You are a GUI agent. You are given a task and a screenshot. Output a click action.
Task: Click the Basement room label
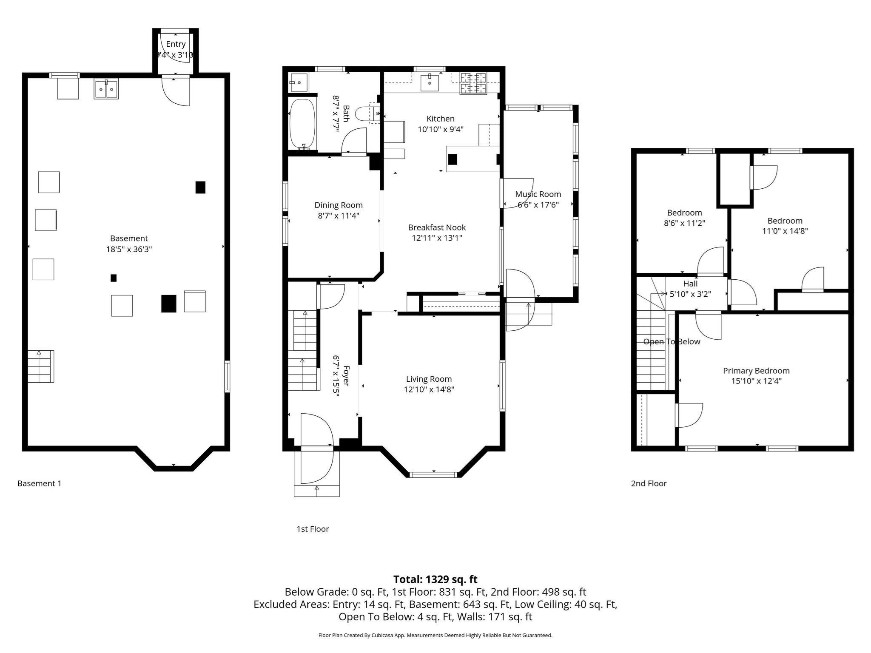[129, 238]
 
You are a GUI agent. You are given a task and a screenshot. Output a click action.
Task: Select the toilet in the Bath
[364, 114]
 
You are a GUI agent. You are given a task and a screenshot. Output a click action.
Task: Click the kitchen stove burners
[473, 83]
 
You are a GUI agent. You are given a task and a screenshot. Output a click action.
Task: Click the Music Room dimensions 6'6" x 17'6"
[538, 205]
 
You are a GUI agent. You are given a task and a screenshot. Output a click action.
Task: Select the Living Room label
[429, 379]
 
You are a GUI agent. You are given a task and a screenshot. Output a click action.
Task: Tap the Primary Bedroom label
[756, 371]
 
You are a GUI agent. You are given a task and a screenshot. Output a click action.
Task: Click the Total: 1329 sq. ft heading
[435, 579]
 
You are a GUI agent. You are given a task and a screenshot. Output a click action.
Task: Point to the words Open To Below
[672, 342]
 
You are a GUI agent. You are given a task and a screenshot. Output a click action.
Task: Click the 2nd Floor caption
[649, 483]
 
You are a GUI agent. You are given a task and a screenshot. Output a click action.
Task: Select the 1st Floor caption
[313, 529]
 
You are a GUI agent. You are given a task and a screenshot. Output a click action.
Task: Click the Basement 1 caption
[39, 483]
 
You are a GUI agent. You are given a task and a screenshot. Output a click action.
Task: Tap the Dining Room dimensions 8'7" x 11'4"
[339, 216]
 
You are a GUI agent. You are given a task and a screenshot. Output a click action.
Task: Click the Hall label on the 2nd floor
[690, 284]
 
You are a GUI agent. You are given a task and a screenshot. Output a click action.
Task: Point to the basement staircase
[41, 366]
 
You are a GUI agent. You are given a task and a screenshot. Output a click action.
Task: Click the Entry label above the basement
[176, 44]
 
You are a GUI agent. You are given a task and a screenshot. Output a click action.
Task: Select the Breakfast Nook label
[437, 227]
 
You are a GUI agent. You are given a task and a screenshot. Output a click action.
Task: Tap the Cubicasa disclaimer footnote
[435, 636]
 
